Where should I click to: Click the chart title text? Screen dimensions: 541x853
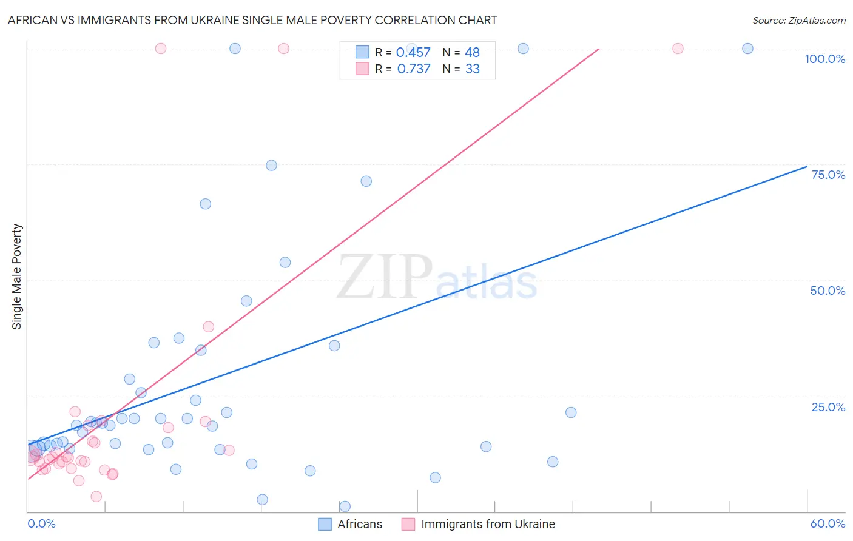coord(252,20)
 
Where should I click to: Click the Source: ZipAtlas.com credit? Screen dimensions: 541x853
coord(798,20)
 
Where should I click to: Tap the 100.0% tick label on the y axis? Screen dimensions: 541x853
coord(824,59)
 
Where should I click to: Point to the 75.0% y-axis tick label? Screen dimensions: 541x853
coord(828,175)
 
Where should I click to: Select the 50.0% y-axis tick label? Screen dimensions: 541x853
coord(828,291)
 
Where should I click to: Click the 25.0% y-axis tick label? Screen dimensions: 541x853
coord(828,406)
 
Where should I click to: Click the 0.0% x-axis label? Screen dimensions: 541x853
coord(41,523)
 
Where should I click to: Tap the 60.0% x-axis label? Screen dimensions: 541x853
coord(828,523)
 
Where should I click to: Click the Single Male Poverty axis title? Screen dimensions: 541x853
coord(16,277)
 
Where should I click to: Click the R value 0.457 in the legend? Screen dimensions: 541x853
coord(413,53)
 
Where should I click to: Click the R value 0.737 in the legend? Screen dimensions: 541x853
coord(413,69)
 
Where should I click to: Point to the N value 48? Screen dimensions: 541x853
coord(472,53)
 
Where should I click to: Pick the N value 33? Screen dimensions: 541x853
coord(472,69)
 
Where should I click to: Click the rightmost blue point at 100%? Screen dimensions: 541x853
coord(747,49)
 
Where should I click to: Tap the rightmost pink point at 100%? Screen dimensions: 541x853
coord(678,49)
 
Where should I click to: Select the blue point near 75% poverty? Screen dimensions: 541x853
coord(271,166)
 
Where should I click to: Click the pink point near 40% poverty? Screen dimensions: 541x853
coord(208,327)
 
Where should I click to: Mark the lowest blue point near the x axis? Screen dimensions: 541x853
coord(345,506)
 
